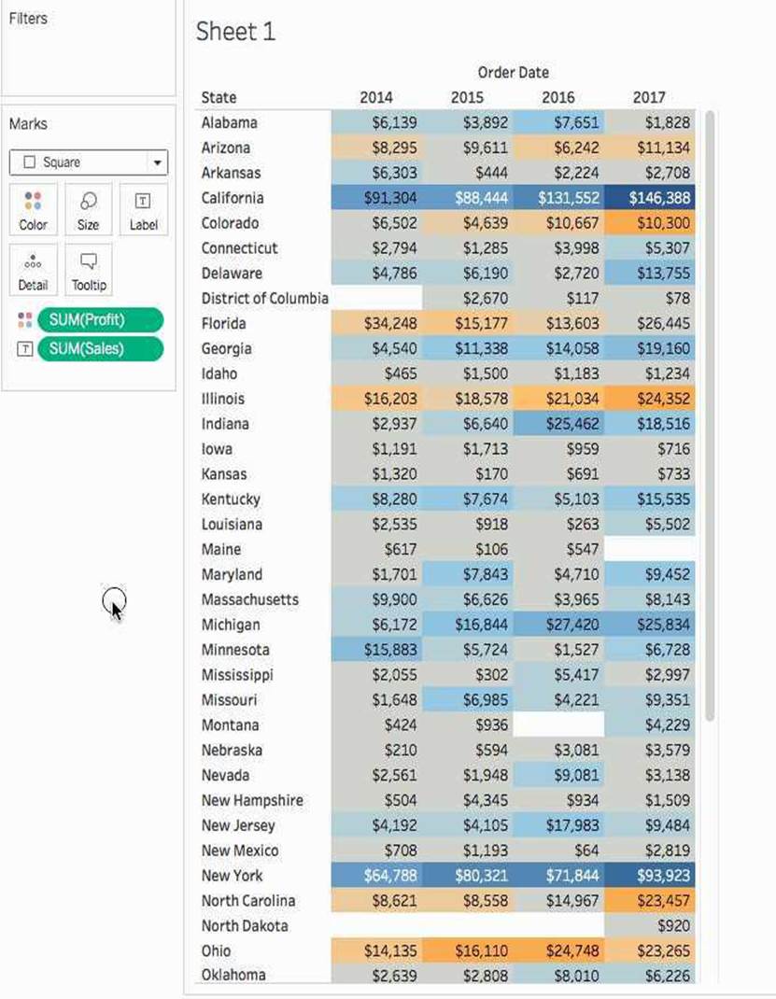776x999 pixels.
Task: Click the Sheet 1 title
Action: click(235, 32)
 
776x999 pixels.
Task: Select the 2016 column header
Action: click(557, 97)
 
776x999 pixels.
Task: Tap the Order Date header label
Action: click(513, 72)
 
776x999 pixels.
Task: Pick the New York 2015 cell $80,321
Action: click(468, 876)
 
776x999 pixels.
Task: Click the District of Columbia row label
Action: click(264, 298)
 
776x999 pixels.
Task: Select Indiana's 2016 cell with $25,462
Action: click(558, 424)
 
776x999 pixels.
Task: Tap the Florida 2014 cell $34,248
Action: click(376, 324)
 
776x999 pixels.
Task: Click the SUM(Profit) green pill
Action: click(100, 320)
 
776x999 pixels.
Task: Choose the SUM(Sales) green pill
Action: click(100, 349)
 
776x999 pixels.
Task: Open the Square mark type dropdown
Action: click(88, 162)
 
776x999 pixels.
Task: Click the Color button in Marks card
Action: click(33, 209)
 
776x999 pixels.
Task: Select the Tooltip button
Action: click(89, 270)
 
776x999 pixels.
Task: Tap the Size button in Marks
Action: click(89, 209)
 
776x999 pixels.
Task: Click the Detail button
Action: click(33, 270)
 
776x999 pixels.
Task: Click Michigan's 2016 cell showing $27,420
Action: click(558, 625)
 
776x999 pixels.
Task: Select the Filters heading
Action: click(28, 19)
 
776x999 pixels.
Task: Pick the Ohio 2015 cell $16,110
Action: click(468, 951)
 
